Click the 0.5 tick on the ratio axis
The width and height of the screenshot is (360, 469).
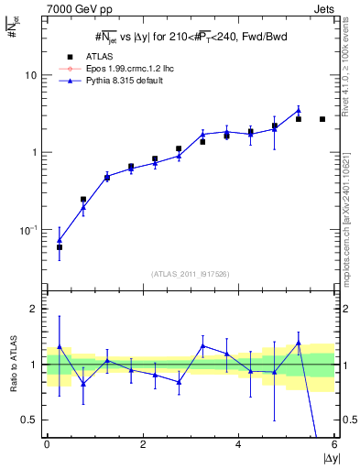31,420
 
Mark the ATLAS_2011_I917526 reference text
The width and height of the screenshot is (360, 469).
190,274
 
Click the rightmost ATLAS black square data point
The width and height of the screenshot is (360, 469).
322,119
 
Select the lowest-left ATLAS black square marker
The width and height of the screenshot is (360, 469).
60,247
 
